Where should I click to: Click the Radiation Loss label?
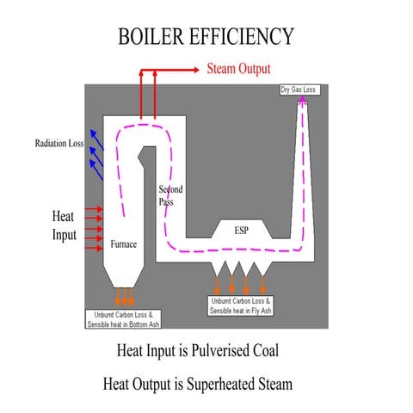point(59,143)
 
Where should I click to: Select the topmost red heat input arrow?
point(93,209)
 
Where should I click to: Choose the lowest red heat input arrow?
point(93,250)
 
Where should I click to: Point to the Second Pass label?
point(170,195)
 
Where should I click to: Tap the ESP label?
point(243,231)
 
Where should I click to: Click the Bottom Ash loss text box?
point(124,319)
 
